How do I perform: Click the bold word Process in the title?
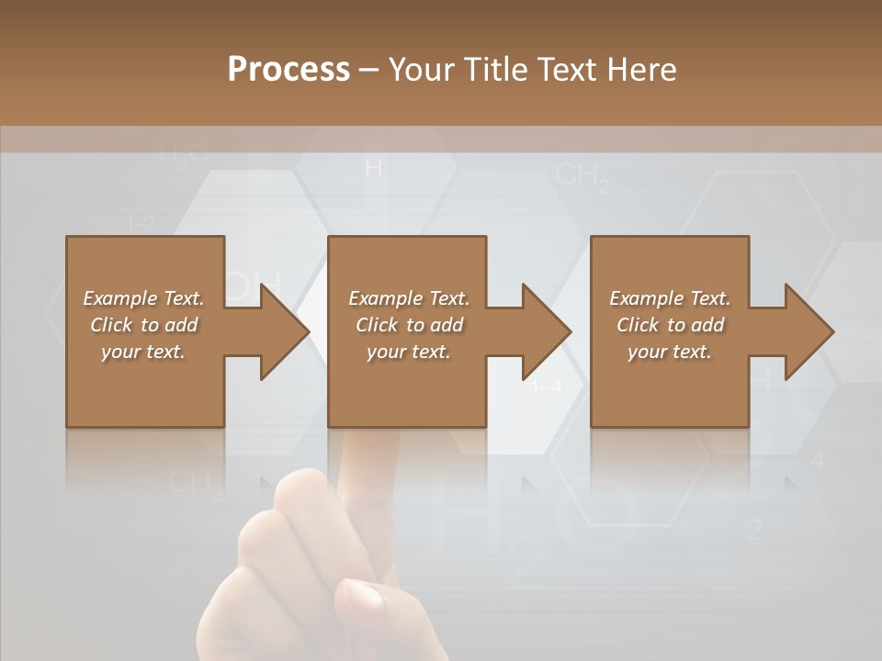click(288, 69)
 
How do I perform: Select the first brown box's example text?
click(144, 325)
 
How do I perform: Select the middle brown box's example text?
click(409, 325)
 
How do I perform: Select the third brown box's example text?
click(670, 325)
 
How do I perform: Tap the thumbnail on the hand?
click(359, 601)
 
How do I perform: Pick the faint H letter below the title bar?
click(373, 169)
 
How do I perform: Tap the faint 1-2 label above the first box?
click(140, 223)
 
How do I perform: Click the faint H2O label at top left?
click(184, 153)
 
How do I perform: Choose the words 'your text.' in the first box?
click(143, 352)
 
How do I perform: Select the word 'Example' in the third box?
click(646, 298)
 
